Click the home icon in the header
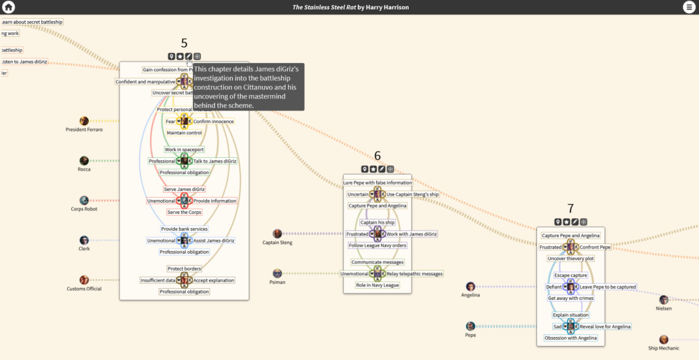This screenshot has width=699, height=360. tap(8, 7)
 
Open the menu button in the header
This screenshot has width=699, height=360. tap(690, 7)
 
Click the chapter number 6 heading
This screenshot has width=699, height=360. tap(377, 156)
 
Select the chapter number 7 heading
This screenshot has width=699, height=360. tap(570, 208)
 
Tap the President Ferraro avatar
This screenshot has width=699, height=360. tap(84, 121)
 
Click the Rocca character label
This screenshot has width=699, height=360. tap(84, 169)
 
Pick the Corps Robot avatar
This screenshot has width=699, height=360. tap(84, 201)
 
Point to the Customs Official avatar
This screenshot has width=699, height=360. tap(84, 280)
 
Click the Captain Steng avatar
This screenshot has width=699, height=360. tap(278, 233)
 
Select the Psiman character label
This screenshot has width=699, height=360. tap(278, 282)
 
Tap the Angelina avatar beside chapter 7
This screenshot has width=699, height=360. tap(470, 287)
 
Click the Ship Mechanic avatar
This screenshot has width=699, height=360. tap(663, 340)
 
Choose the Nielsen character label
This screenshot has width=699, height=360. tap(663, 308)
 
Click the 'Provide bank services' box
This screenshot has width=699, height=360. tap(184, 229)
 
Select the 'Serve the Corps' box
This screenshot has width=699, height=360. tap(184, 212)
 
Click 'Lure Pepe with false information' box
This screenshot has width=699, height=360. tap(377, 182)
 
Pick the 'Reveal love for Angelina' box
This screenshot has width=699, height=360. tap(605, 326)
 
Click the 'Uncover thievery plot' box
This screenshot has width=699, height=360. tap(570, 259)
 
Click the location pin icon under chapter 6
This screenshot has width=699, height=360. tap(364, 169)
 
